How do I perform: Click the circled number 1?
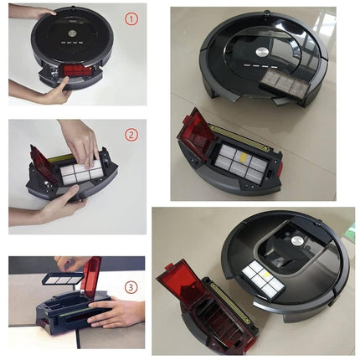pos(131,18)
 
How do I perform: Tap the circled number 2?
pos(131,134)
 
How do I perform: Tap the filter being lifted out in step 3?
pos(63,276)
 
